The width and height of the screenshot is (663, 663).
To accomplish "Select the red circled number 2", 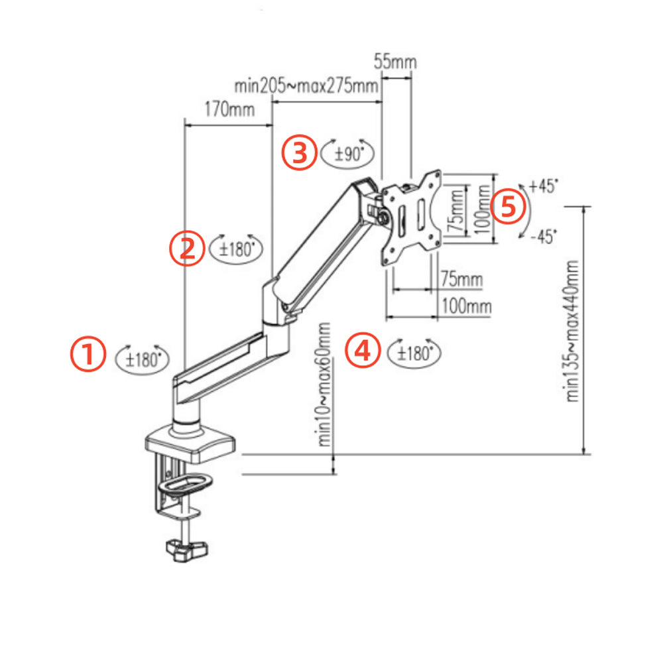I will coord(186,248).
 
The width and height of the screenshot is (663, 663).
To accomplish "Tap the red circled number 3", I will coord(298,153).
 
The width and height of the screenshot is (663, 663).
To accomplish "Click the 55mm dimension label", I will coord(395,62).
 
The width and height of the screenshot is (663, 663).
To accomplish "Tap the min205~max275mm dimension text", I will coord(306,86).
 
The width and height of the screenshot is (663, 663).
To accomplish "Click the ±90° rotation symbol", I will coord(347,154).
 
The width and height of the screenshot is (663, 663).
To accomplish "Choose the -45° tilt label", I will coord(544,236).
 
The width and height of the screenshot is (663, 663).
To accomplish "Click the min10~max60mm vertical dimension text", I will coord(325,385).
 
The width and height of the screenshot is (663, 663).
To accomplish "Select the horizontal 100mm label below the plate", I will coord(467,306).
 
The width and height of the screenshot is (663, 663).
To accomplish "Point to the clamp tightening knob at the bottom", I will coord(188,549).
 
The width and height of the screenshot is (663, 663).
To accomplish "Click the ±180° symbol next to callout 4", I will coord(414,353).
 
